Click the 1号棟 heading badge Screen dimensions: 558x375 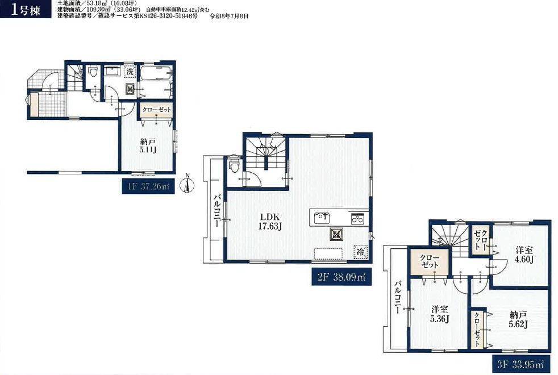[26, 10]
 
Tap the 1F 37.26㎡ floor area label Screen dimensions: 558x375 [148, 186]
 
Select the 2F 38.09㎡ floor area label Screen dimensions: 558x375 [342, 277]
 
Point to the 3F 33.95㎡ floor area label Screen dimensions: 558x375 [520, 364]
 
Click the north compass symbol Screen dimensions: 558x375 [188, 184]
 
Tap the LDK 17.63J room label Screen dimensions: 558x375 [269, 221]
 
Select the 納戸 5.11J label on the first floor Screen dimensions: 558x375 [148, 145]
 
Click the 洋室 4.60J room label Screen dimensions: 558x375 [524, 254]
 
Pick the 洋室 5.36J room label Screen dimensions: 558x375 [439, 314]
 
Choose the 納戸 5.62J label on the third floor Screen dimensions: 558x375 [518, 319]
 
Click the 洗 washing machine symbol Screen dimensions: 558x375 [130, 72]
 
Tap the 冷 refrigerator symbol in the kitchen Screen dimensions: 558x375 [360, 252]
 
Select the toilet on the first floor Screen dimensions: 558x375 [93, 72]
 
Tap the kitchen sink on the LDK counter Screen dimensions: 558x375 [322, 218]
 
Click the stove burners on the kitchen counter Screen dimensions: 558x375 [357, 218]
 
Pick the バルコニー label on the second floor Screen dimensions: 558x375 [217, 211]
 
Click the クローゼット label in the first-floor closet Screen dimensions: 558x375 [157, 110]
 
